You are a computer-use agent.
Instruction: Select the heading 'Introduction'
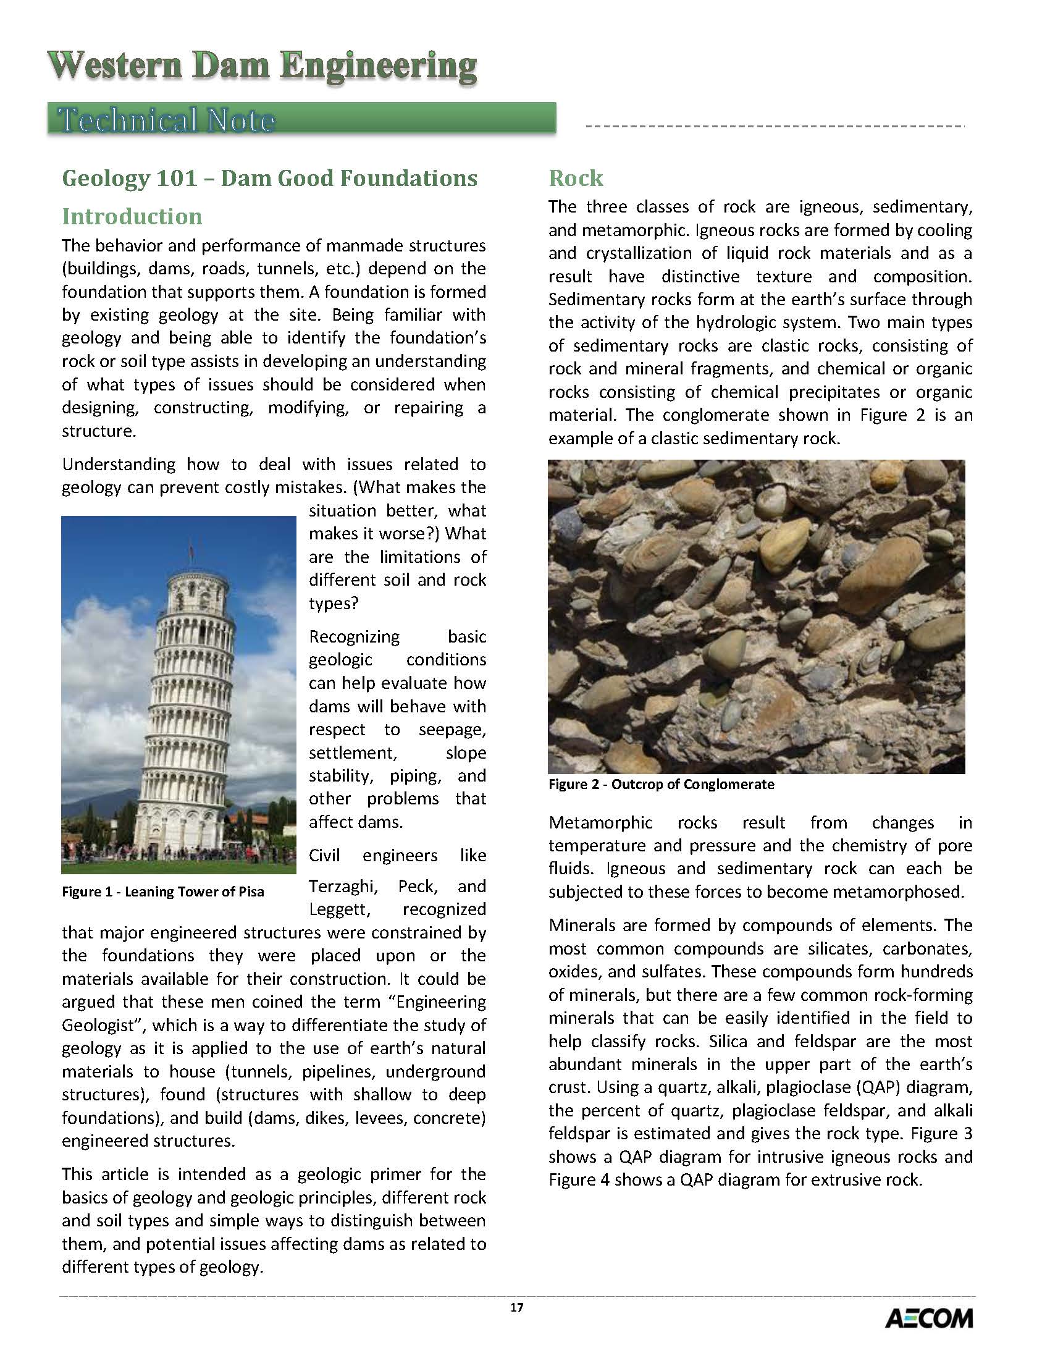click(x=132, y=216)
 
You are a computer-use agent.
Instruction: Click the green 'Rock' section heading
click(x=576, y=178)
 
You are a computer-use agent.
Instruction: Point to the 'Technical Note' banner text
click(x=166, y=120)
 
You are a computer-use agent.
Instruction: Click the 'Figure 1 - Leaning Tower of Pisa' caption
click(x=162, y=892)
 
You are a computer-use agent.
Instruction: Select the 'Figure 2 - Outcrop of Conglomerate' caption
click(x=661, y=784)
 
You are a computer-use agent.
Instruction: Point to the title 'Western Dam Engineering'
click(x=262, y=66)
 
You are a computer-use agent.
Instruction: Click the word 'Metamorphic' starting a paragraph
click(x=600, y=823)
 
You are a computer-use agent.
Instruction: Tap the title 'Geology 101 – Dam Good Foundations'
click(x=269, y=178)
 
